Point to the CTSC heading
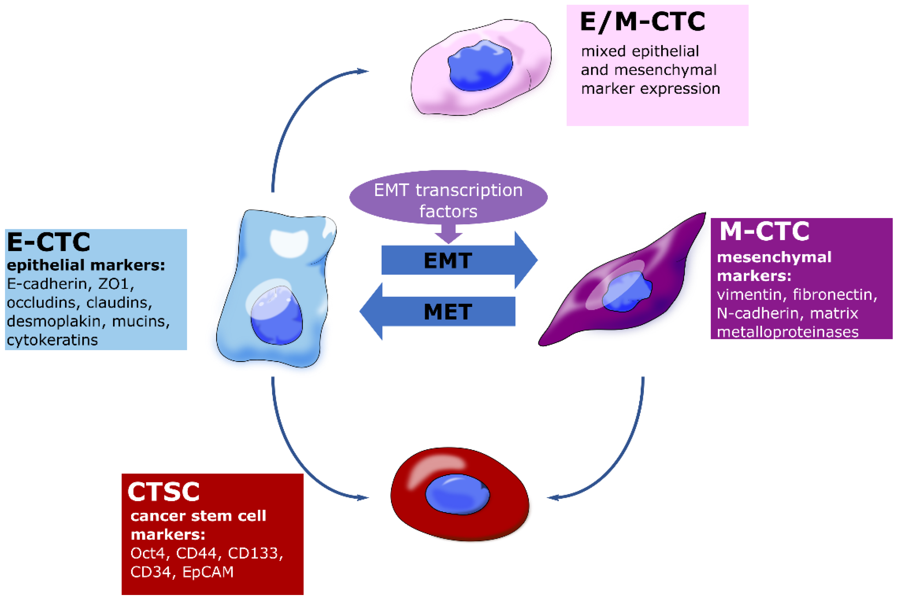pos(163,492)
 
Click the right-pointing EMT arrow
pos(458,260)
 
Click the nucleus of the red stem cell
pos(457,495)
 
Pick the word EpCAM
pos(208,572)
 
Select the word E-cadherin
pos(47,284)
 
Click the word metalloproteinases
pos(787,332)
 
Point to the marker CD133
pos(255,553)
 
